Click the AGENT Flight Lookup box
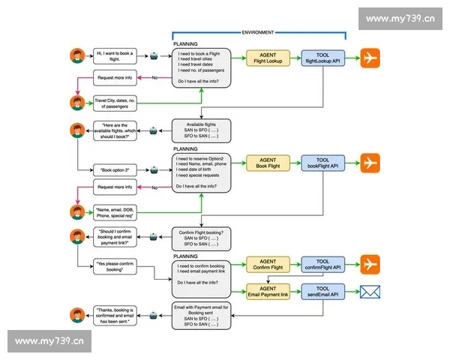pos(268,58)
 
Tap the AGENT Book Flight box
pos(268,163)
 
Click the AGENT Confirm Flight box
pos(268,263)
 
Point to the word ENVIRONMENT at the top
pos(258,32)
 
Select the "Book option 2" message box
pos(116,171)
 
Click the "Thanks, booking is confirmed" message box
pos(116,315)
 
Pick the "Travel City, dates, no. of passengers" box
pos(116,103)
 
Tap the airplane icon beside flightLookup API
pos(370,58)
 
